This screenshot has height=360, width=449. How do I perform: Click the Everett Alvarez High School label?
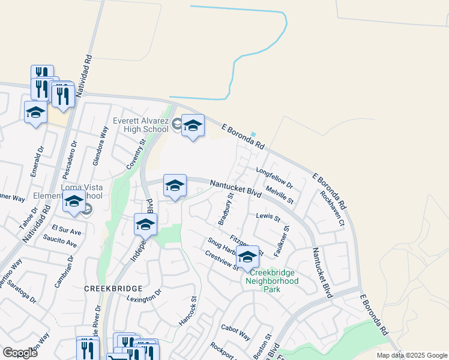click(x=140, y=125)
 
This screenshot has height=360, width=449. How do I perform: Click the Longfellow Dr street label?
click(x=274, y=177)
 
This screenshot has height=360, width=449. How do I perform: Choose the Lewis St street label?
click(x=268, y=217)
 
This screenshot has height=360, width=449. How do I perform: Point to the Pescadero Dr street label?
click(x=70, y=160)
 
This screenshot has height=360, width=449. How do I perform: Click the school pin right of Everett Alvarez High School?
click(x=193, y=126)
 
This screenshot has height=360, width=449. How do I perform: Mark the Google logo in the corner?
click(x=20, y=353)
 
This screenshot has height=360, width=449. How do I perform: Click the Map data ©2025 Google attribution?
click(x=411, y=355)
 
